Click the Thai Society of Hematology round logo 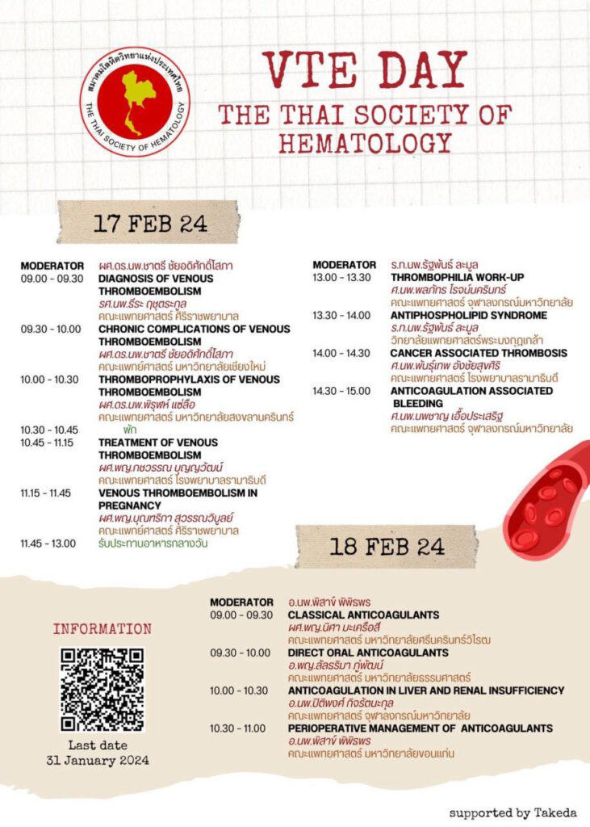tap(135, 102)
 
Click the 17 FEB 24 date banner tap(150, 223)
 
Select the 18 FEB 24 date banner tap(387, 546)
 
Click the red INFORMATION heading tap(103, 628)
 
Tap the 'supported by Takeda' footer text tap(513, 812)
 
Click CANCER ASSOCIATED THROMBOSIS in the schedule tap(479, 353)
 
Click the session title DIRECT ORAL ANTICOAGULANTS tap(368, 653)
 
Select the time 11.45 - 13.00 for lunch tap(48, 543)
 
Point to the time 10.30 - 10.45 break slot tap(49, 430)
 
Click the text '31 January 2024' tap(98, 760)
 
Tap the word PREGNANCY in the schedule tap(130, 505)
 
